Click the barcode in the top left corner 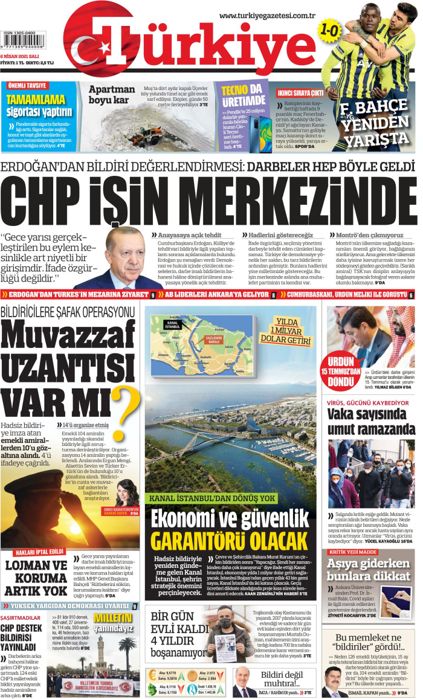click(27, 44)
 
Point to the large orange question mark click(128, 410)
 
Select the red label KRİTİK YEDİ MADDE click(353, 552)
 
